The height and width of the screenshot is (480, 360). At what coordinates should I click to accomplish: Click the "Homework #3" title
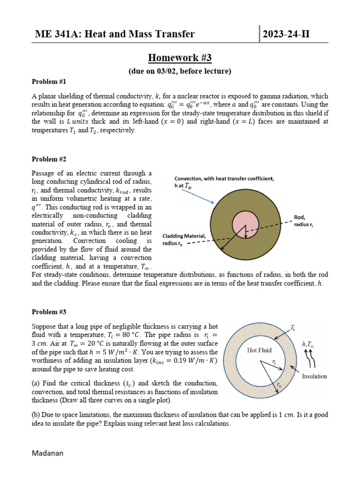pos(180,58)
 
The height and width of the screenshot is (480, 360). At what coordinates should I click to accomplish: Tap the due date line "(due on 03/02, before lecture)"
pos(180,71)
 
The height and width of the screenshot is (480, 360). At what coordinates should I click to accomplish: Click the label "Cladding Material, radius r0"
pos(184,240)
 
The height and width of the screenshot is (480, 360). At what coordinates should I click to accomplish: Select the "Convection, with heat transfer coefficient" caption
pos(224,179)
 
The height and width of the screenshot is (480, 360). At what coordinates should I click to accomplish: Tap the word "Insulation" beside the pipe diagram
pos(315,376)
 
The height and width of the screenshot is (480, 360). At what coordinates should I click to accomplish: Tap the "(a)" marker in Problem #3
pos(35,383)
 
